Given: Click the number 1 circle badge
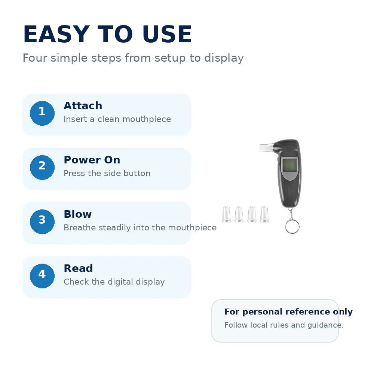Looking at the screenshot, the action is coord(42,113).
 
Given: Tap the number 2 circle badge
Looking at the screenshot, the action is coord(42,167).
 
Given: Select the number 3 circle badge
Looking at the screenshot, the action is coord(42,221).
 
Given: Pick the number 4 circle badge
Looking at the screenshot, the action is coord(42,276).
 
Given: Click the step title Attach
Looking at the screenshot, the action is coord(83,106).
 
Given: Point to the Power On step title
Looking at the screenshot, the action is coord(92,160).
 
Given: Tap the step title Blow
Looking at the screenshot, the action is coord(77,214).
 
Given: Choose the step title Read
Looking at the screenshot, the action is coord(78,268).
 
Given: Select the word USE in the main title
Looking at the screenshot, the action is coord(167,34).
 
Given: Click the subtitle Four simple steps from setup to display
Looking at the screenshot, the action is coord(133,58).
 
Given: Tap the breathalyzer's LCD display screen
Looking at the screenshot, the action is coord(289,165).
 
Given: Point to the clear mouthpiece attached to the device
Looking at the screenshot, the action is coord(266,147).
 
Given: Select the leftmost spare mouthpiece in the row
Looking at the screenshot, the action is coord(226,214).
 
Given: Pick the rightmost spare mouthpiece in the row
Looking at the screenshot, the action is coord(264,214).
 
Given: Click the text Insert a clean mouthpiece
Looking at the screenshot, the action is coord(117,119).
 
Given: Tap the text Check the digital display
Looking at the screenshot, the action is coord(114,282).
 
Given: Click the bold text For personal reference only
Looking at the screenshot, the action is coord(289,312).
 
